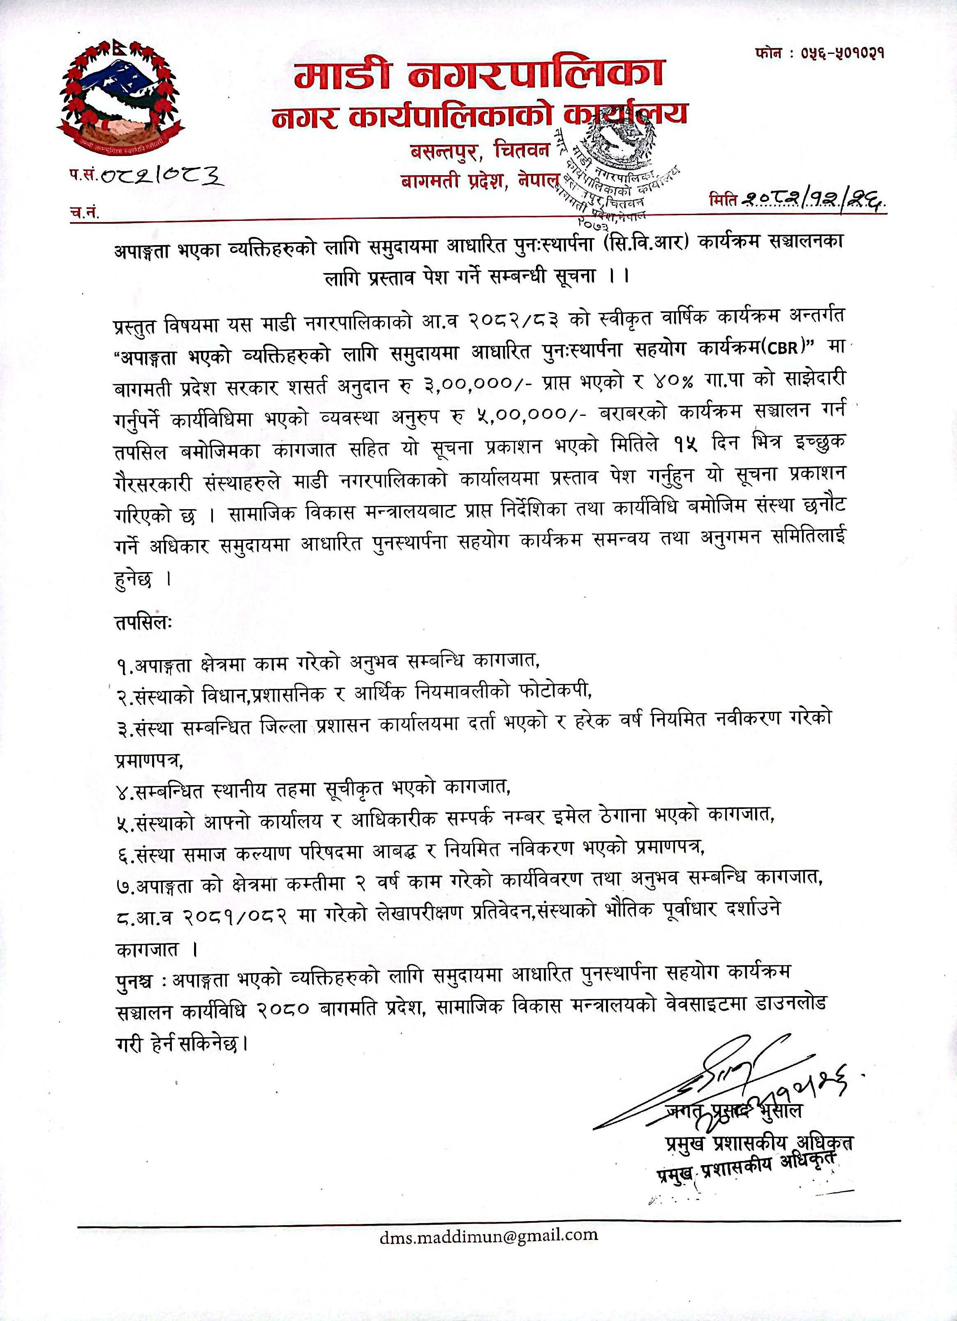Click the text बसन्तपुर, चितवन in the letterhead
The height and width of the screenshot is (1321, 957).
(x=480, y=152)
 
